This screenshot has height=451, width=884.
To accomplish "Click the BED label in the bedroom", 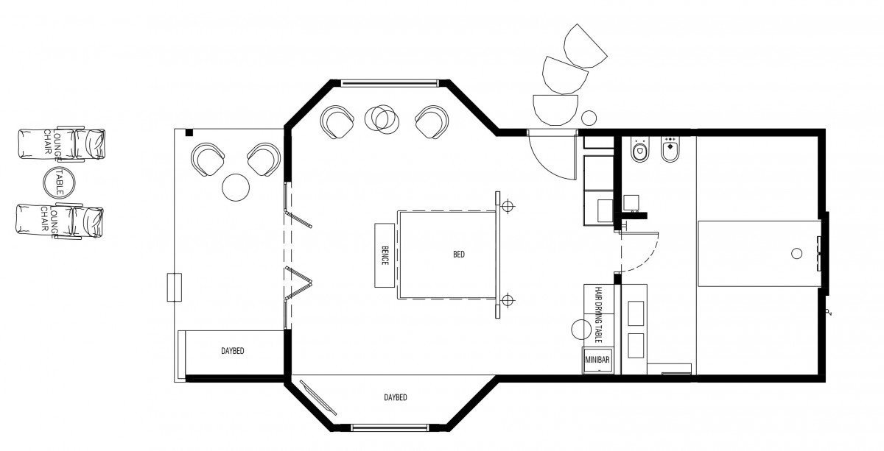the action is click(x=458, y=255).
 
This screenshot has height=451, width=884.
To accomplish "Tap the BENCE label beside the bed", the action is click(x=385, y=255).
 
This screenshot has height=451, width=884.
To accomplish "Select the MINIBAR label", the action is click(x=597, y=360).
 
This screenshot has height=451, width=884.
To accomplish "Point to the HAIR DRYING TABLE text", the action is click(x=598, y=314).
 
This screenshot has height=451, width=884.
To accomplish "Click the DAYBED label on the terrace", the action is click(x=233, y=350).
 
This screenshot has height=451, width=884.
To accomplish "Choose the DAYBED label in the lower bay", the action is click(x=396, y=397).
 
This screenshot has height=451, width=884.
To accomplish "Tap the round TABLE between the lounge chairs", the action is click(x=58, y=182).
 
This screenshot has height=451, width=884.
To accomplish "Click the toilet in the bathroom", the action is click(x=639, y=150).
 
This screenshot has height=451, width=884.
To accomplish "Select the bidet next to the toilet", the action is click(x=670, y=149).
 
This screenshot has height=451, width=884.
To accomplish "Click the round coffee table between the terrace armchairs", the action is click(x=236, y=188).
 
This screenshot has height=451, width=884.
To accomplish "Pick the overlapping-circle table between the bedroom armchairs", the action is click(x=382, y=118).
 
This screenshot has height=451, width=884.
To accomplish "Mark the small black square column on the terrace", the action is click(x=189, y=132).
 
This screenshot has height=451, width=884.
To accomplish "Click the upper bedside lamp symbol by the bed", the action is click(x=508, y=206).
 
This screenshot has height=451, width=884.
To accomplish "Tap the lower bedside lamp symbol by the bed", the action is click(x=508, y=300).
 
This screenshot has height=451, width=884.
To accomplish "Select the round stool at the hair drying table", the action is click(x=582, y=329).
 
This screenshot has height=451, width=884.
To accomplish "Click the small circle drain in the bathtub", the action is click(x=797, y=254).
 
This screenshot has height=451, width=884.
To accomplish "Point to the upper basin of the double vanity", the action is click(x=635, y=313).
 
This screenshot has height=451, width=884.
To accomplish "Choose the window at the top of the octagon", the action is click(x=390, y=83).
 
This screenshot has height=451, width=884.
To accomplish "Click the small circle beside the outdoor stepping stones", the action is click(x=589, y=118).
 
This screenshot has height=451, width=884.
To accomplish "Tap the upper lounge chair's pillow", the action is click(x=91, y=144).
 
